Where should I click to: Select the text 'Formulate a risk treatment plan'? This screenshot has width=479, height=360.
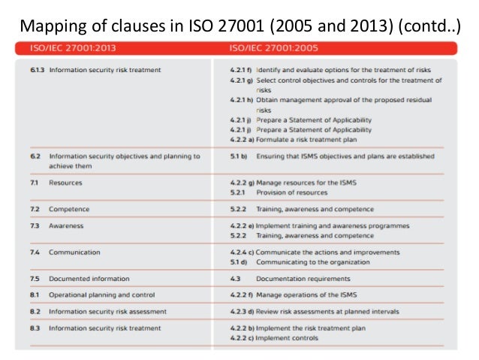[304, 139]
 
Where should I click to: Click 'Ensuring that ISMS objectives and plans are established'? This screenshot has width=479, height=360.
[345, 156]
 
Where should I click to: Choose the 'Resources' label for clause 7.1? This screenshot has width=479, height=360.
[66, 183]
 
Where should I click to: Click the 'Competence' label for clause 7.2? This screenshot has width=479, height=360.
[69, 209]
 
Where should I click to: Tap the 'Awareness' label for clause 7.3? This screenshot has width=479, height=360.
[67, 225]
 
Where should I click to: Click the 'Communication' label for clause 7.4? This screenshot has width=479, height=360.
[74, 252]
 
